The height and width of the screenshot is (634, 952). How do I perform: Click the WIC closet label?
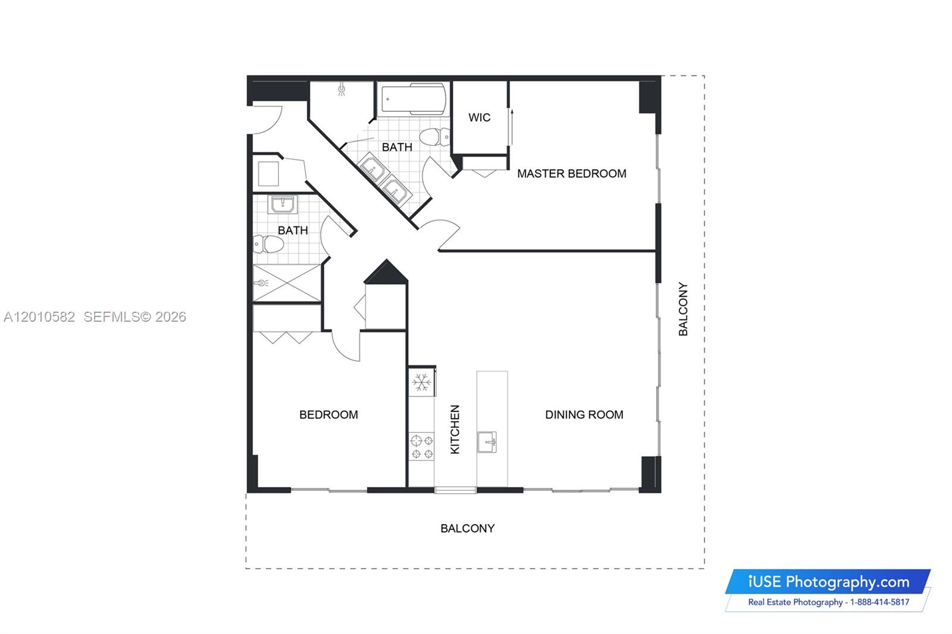pos(479,118)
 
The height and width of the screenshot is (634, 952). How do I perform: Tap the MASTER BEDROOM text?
pos(571,174)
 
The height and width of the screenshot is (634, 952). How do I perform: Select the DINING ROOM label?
pos(584,415)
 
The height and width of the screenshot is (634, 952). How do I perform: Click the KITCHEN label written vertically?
pos(455,429)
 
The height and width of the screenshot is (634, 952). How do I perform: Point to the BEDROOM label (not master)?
pos(328,415)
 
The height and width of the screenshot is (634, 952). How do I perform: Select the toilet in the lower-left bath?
pos(267,244)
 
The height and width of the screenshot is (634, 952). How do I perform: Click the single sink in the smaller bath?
pos(283,205)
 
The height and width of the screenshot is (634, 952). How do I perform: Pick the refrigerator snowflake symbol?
pos(422,382)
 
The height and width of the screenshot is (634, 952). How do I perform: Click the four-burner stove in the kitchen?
pos(422,447)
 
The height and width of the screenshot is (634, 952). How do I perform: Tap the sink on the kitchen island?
pos(487,442)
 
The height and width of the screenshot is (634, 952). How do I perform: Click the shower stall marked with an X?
pos(287,283)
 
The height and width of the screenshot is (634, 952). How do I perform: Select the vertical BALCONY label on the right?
pos(683,309)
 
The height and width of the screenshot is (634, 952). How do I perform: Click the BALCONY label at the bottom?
pos(467,528)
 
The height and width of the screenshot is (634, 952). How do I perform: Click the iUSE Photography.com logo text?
pos(828,582)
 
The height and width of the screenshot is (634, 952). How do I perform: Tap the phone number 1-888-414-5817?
pos(879,602)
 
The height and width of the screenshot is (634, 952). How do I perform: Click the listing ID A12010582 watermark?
pos(39,317)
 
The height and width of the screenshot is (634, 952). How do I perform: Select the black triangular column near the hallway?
pos(386,272)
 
